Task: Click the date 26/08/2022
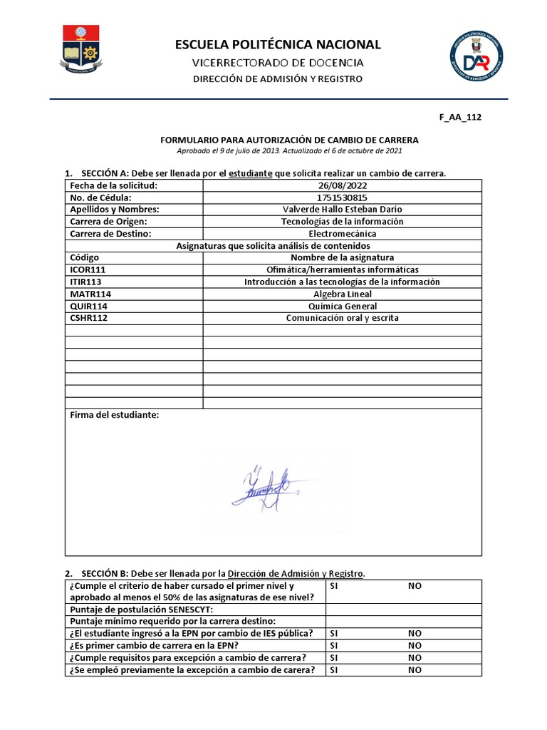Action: tap(342, 185)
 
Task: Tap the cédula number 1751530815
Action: tap(342, 197)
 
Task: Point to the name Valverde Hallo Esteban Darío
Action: tap(342, 210)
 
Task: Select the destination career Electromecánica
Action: tap(342, 233)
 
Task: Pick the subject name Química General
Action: tap(342, 306)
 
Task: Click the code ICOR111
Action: tap(88, 269)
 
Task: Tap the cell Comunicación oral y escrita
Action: tap(342, 318)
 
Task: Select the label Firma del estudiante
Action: tap(115, 415)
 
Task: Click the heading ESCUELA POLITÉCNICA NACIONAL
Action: tap(278, 45)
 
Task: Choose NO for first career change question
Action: tap(415, 645)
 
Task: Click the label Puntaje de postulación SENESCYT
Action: tap(141, 609)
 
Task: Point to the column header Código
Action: tap(85, 257)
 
